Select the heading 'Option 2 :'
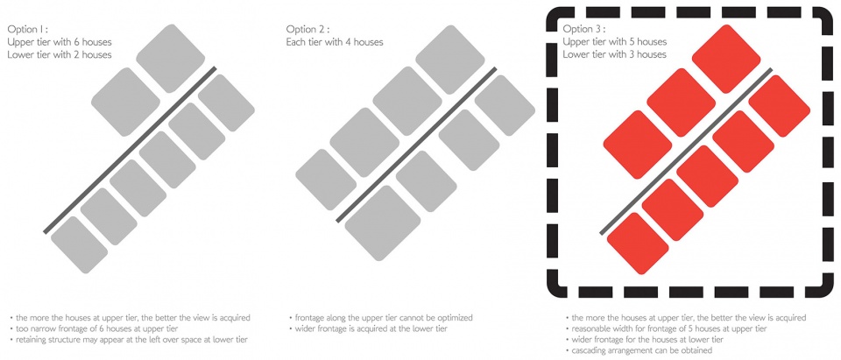click(x=307, y=29)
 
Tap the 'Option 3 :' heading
click(x=583, y=29)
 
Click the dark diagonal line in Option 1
click(x=130, y=150)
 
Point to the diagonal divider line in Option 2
click(x=416, y=145)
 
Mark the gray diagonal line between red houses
click(x=686, y=152)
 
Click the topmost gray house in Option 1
click(x=171, y=58)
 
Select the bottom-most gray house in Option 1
click(x=79, y=245)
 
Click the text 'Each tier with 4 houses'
click(x=335, y=42)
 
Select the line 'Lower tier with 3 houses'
click(x=615, y=54)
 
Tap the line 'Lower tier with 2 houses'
click(x=60, y=54)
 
